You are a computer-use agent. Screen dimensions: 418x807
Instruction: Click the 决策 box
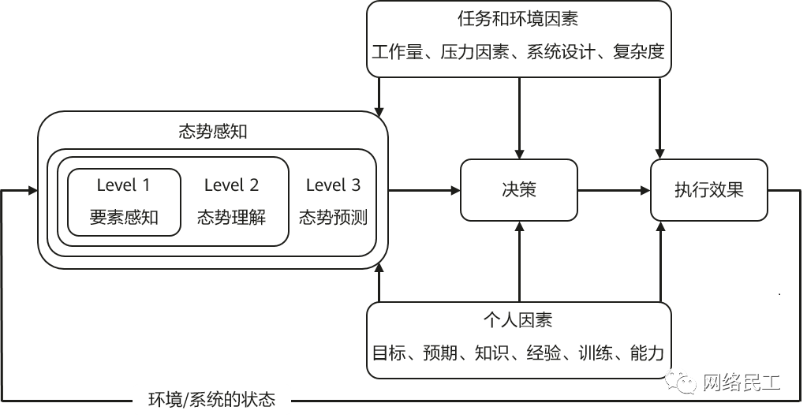tap(518, 190)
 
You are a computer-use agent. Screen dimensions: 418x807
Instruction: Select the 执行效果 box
tap(708, 190)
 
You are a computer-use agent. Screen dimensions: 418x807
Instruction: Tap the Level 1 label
tap(123, 185)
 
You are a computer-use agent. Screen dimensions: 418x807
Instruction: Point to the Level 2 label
tap(231, 185)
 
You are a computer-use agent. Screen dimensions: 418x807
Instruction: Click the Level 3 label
tap(333, 185)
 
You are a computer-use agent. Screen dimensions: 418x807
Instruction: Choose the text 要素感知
tap(124, 218)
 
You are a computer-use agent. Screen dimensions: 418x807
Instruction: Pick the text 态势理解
tap(231, 218)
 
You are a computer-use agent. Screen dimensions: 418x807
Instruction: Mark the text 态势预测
tap(333, 218)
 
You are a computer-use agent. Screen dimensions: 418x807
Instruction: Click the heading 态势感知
tap(213, 132)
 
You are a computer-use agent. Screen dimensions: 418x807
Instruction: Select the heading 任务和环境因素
tap(519, 18)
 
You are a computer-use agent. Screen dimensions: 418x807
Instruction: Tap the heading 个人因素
tap(518, 320)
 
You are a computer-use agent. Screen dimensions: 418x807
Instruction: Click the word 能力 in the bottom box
tap(647, 353)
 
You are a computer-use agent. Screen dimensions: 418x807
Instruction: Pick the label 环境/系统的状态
tap(212, 399)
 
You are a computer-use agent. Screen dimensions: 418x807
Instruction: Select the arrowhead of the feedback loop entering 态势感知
tap(32, 190)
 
